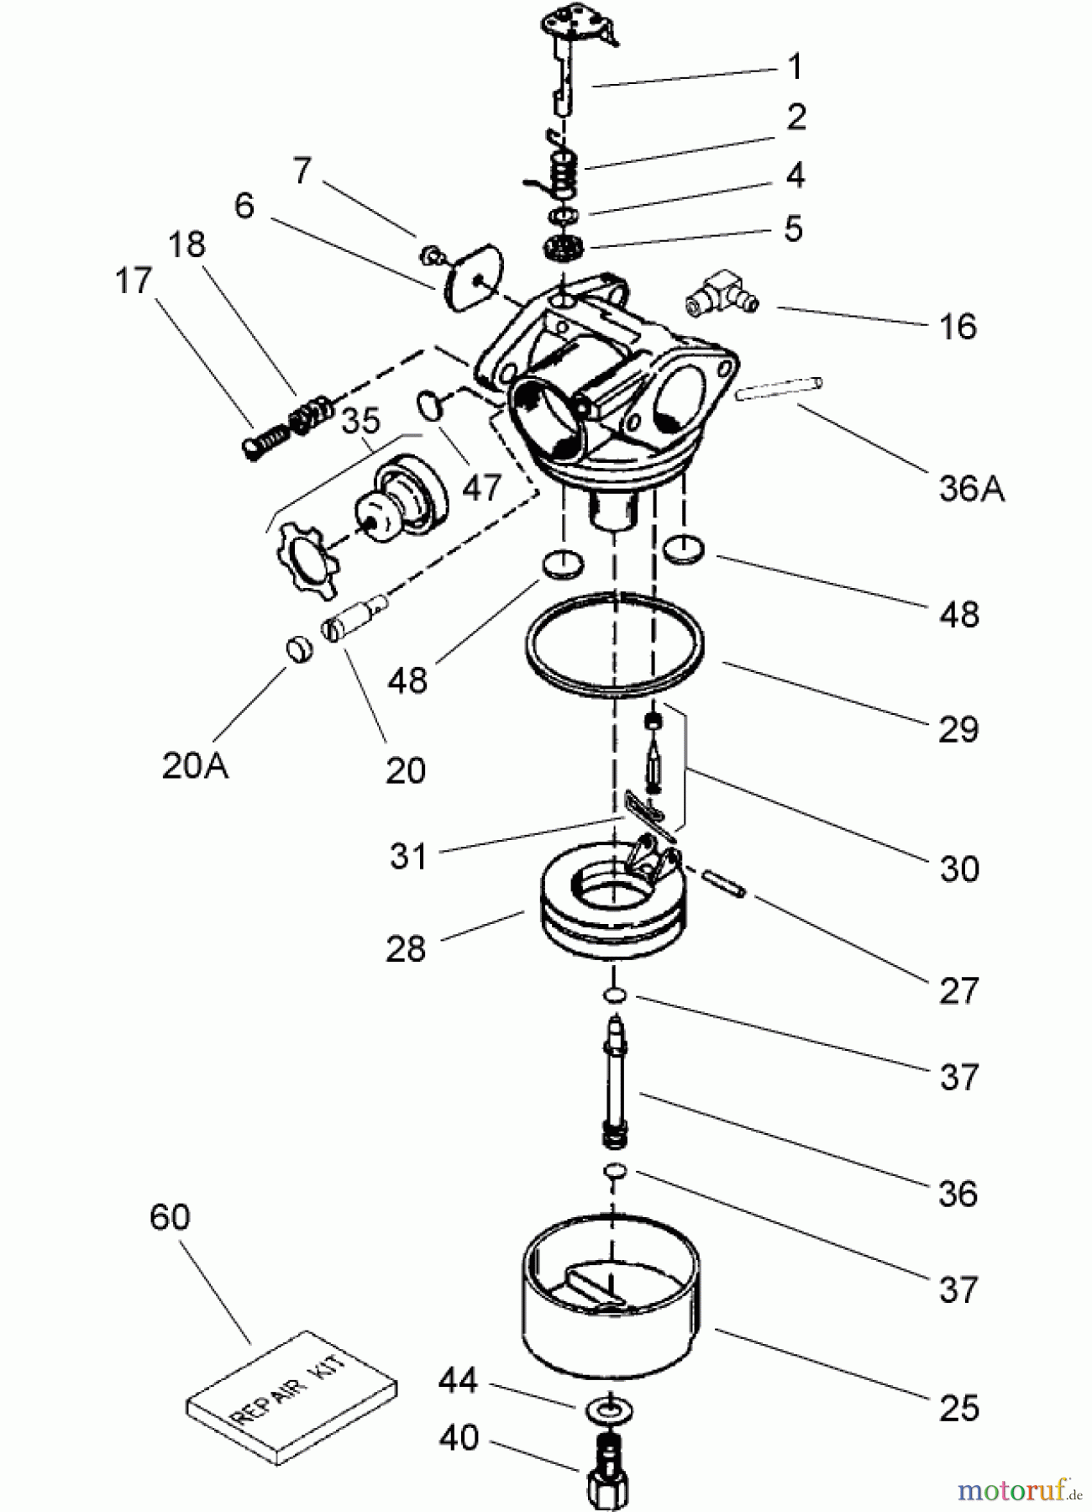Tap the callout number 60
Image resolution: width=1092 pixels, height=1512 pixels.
click(170, 1217)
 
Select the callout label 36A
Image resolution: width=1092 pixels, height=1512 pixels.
click(971, 488)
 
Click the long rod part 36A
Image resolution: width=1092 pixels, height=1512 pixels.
click(779, 389)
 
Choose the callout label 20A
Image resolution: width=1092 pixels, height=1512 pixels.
click(195, 766)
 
